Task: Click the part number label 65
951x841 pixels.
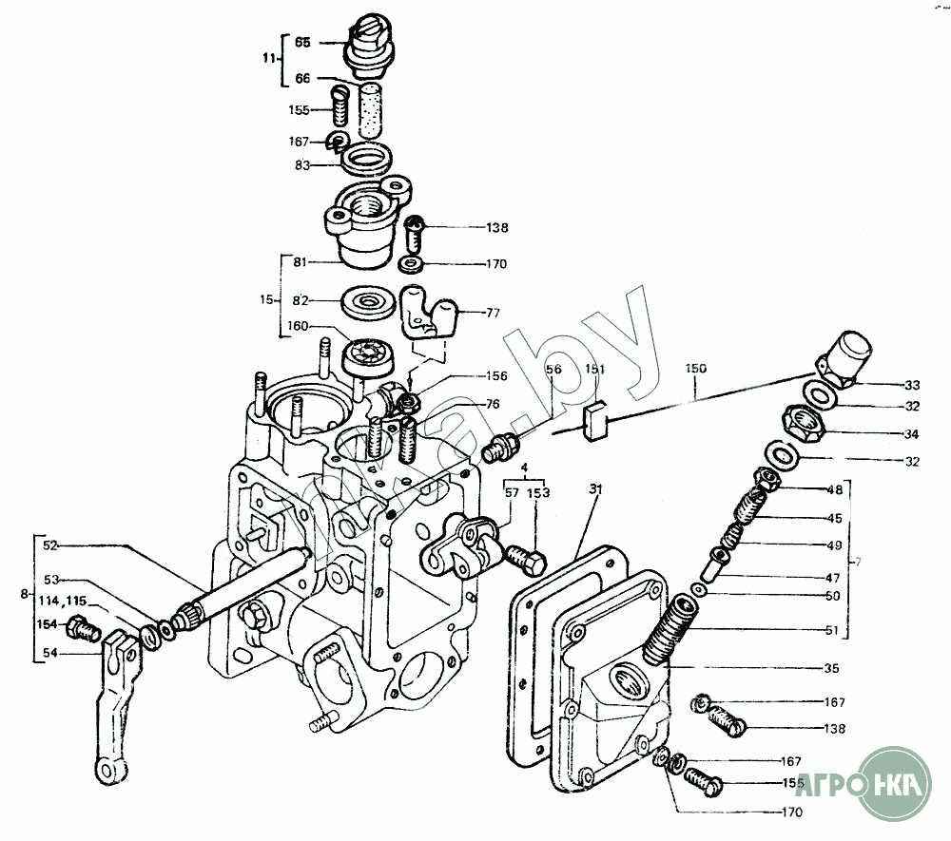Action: click(x=302, y=43)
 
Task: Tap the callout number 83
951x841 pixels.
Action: click(x=302, y=162)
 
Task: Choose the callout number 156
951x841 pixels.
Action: click(x=496, y=376)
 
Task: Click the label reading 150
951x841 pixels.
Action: click(x=697, y=366)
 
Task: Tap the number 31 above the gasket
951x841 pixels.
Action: click(x=596, y=488)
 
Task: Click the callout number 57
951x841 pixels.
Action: click(x=512, y=493)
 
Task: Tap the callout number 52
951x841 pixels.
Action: click(x=50, y=545)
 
